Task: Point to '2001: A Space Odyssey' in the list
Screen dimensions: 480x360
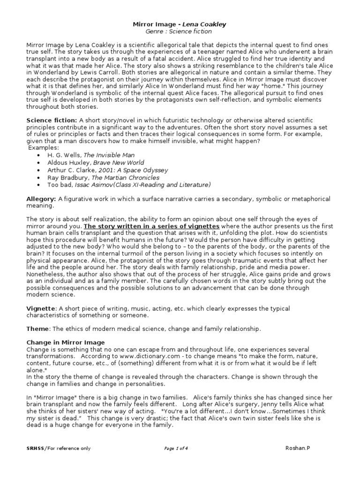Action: tap(127, 170)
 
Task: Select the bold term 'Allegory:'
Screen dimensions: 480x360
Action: tap(41, 200)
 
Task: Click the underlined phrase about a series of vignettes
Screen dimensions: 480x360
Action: tap(151, 226)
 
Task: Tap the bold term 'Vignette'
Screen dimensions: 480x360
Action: tap(41, 308)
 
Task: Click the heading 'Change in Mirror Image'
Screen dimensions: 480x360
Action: tap(65, 343)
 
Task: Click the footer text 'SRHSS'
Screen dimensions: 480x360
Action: tap(35, 448)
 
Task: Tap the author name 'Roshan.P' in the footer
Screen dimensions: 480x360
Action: tap(298, 448)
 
